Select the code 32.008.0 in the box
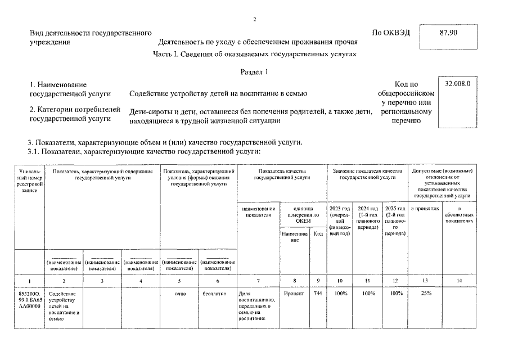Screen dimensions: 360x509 457,84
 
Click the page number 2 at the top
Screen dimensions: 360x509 254,19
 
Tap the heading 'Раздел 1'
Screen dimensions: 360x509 254,71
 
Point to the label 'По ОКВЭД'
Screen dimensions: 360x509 391,32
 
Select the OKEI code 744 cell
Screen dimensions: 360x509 317,293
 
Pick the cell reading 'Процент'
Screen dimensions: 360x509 294,293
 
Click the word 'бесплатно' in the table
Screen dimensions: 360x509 217,293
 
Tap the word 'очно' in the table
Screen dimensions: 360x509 180,293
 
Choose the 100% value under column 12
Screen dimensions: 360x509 396,293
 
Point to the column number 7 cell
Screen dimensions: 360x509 258,280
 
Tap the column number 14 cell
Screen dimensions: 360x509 460,280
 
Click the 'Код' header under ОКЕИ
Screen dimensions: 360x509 318,233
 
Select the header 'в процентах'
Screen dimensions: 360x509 425,209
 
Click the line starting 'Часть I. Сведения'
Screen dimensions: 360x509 254,54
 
